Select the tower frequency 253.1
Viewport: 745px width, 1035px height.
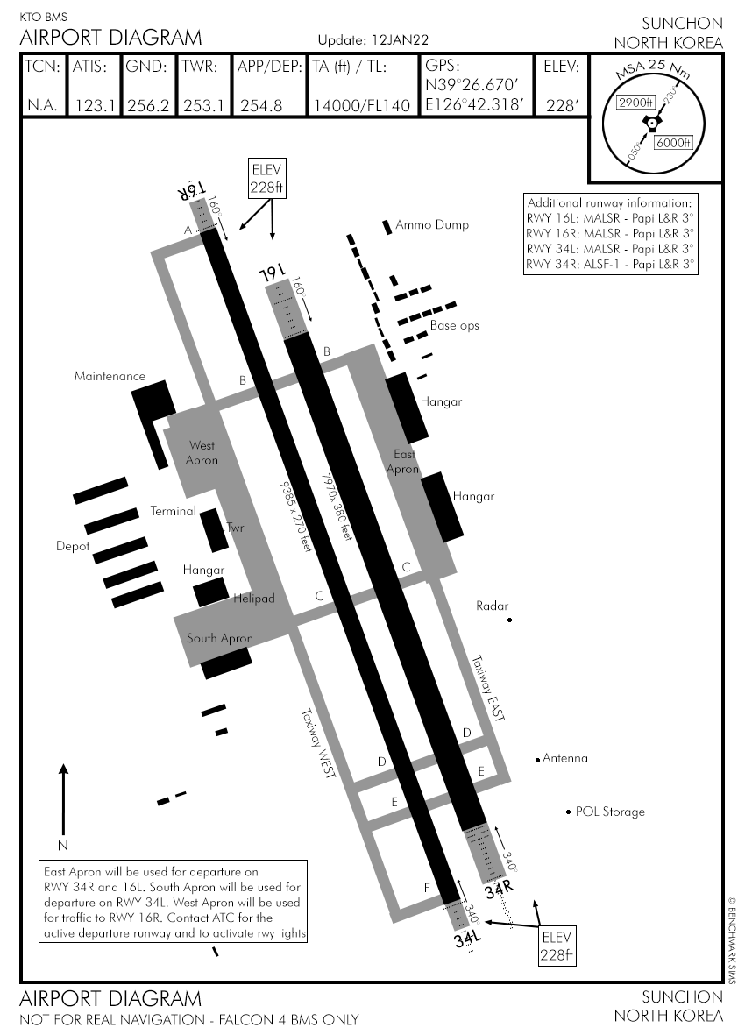[203, 106]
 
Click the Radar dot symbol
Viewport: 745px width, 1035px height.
[509, 620]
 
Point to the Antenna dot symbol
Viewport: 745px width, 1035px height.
[537, 759]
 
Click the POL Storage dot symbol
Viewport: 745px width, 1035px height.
[568, 812]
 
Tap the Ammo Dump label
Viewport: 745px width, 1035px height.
[432, 225]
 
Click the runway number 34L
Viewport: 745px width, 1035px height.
[469, 939]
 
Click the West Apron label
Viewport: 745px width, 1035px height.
[202, 453]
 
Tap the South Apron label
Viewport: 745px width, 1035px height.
[219, 639]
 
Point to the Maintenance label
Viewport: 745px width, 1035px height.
[110, 377]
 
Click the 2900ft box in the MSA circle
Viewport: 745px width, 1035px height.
[635, 103]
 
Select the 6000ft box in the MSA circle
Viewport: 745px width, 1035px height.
[674, 143]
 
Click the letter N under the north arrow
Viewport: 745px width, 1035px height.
[62, 846]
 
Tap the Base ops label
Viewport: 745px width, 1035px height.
[454, 326]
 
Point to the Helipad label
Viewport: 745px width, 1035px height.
[254, 599]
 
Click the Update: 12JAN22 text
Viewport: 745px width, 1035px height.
[372, 40]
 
